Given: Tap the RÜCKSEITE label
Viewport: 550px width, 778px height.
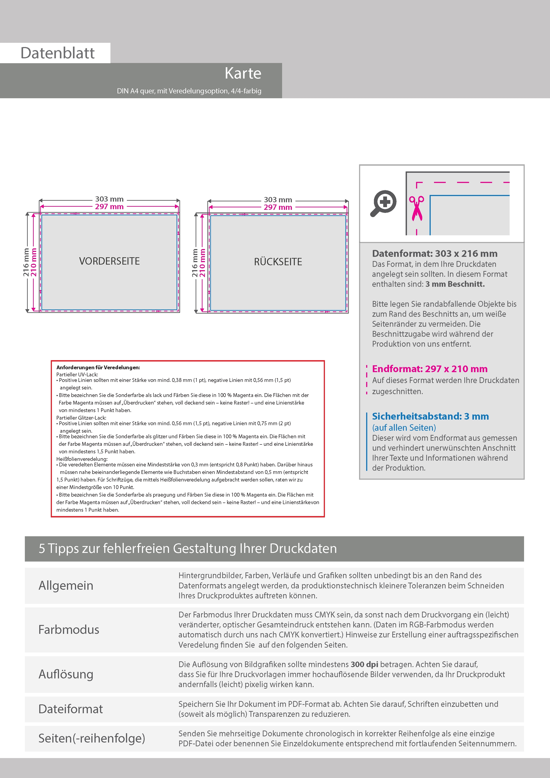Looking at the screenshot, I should pos(278,262).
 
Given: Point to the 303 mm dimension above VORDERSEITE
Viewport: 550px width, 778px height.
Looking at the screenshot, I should pos(109,199).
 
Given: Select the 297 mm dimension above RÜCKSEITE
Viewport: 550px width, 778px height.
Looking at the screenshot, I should pos(278,207).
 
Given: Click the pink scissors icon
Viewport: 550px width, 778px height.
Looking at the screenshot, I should pos(416,208).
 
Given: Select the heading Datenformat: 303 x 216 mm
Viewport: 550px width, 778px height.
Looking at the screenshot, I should pos(434,253).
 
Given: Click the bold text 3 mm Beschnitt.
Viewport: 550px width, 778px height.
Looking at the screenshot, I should pos(455,284).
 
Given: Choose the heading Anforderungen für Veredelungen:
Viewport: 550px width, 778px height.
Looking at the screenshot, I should pos(98,367).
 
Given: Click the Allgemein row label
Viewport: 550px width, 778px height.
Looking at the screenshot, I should pos(66,585).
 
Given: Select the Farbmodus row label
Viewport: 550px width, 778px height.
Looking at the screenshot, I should pos(69,630).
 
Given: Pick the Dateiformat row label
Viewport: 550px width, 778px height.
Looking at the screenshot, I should pos(71,709).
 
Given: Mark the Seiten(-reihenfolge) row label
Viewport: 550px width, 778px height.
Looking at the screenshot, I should pos(92,738).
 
